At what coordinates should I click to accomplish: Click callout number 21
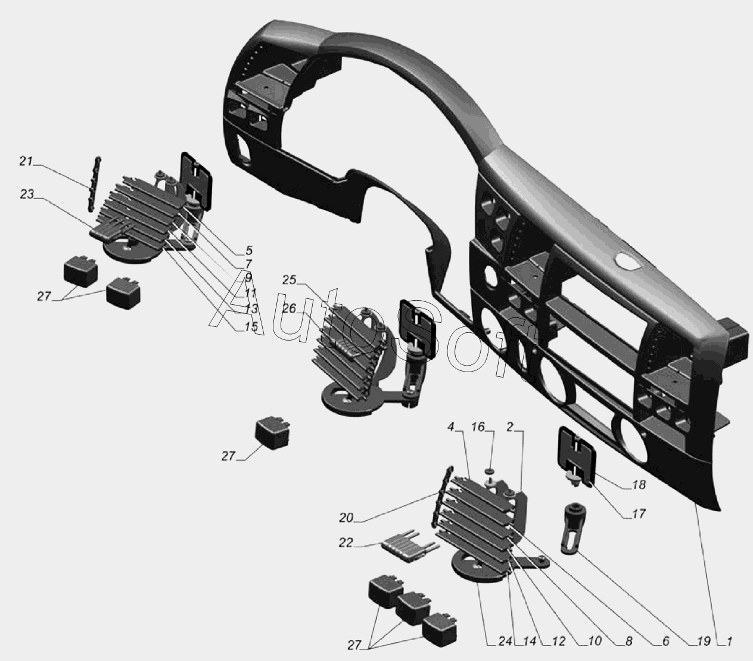26,161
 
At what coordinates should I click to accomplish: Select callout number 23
27,194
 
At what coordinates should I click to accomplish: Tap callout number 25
289,280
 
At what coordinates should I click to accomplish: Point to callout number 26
289,308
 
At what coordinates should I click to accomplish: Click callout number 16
478,427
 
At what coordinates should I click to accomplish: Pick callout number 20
346,518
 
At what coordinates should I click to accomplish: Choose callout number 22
346,542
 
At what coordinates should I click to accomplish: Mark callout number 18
639,485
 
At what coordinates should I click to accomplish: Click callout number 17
639,514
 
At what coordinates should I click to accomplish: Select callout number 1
729,641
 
